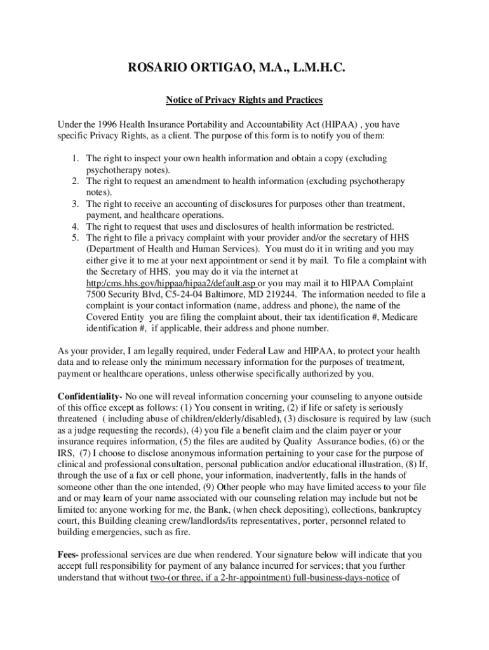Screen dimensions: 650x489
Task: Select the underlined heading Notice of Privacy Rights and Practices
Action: coord(245,100)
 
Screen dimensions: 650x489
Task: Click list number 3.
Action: coord(74,204)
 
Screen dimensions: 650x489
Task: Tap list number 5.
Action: coord(74,238)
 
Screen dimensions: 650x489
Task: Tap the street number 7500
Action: coord(97,294)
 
